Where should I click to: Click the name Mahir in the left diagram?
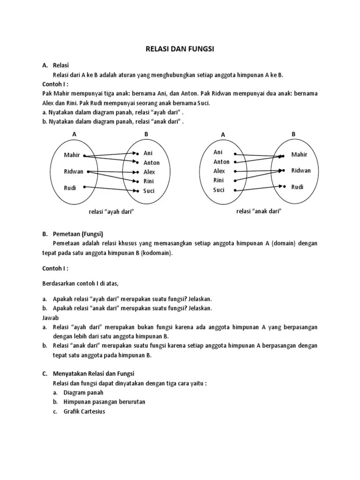click(x=72, y=155)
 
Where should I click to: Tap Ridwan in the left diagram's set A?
click(x=74, y=172)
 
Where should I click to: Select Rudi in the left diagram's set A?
click(x=70, y=188)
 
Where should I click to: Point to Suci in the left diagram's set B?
click(x=149, y=191)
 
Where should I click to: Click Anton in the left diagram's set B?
click(x=151, y=163)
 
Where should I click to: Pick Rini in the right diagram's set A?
click(x=218, y=180)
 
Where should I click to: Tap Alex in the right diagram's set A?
click(x=219, y=171)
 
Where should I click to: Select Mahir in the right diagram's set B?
click(x=299, y=154)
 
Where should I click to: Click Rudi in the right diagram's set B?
click(x=297, y=187)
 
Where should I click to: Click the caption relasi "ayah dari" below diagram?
click(x=112, y=212)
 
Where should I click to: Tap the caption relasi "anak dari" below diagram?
click(x=258, y=211)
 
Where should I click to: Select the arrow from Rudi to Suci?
click(x=111, y=189)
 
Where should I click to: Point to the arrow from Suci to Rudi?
click(x=258, y=188)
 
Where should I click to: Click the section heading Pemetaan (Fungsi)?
click(x=78, y=234)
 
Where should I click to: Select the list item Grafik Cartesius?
click(x=85, y=412)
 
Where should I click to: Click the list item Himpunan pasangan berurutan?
click(x=99, y=402)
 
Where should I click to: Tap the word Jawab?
click(x=50, y=318)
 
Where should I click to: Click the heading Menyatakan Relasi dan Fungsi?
click(x=93, y=373)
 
